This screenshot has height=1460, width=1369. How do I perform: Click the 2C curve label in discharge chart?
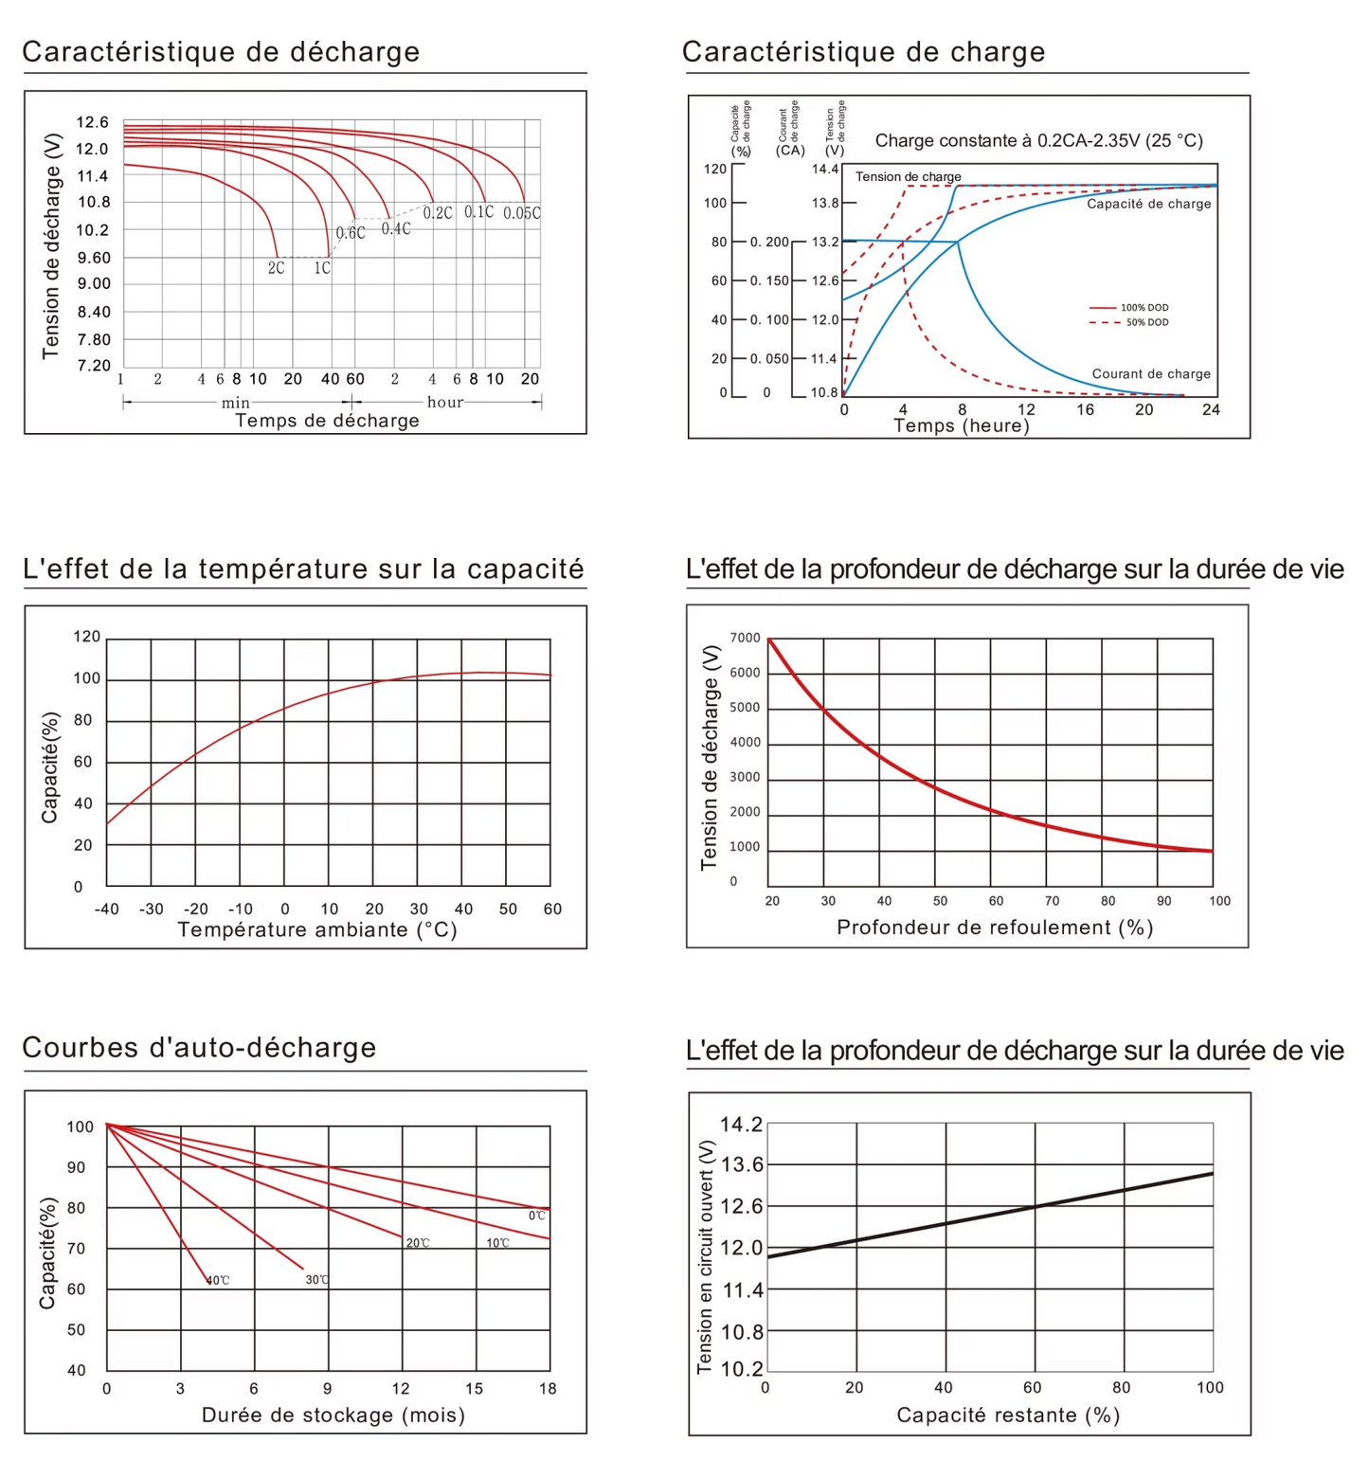276,268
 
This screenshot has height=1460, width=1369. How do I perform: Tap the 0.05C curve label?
522,213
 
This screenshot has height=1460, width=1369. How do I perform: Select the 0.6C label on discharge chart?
350,233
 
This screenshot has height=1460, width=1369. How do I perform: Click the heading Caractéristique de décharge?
221,51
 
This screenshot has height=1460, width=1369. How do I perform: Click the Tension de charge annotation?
908,177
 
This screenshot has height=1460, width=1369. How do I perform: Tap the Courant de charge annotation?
1151,374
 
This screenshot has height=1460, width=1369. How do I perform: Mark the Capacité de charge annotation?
1148,204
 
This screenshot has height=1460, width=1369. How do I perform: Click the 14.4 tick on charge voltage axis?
824,170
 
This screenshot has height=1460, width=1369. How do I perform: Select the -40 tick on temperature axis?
107,909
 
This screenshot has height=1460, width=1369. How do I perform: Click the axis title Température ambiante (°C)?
317,930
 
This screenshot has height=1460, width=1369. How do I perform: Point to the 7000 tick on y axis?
745,638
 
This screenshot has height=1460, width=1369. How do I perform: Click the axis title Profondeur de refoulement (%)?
995,928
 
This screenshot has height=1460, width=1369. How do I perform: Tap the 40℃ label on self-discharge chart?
219,1280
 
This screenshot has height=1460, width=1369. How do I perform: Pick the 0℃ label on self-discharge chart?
537,1216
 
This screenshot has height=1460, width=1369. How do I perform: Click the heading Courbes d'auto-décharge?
199,1047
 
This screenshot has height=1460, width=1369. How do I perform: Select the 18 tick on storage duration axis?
548,1388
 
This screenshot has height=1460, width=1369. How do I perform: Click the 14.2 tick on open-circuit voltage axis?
741,1125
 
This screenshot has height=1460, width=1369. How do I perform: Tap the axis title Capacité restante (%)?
1008,1415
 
